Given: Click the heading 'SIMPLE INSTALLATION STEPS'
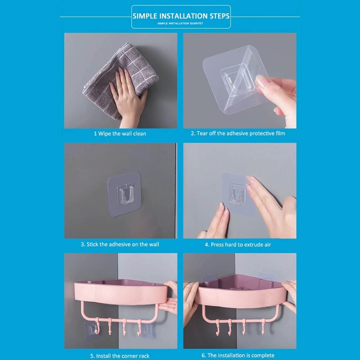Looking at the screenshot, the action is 181,16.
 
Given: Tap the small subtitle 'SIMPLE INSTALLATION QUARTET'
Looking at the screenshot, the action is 180,23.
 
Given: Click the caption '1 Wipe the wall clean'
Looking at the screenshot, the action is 120,134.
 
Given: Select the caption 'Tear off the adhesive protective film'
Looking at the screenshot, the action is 241,134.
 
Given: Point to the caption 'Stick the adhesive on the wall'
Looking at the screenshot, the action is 123,244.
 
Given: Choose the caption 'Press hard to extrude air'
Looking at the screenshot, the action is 241,244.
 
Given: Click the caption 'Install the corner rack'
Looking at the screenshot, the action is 123,356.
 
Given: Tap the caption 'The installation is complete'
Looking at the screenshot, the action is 241,355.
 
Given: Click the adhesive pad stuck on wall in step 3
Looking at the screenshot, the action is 124,194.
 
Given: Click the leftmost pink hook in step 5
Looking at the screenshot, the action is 98,326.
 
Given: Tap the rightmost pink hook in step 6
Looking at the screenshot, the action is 263,327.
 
